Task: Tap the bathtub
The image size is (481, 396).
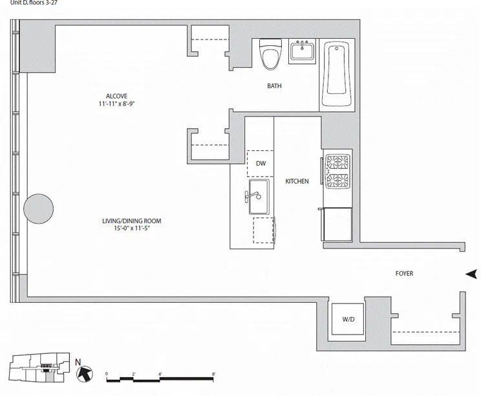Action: pyautogui.click(x=337, y=76)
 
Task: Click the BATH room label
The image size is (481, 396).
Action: pyautogui.click(x=274, y=86)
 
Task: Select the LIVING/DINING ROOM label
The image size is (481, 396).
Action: pyautogui.click(x=131, y=221)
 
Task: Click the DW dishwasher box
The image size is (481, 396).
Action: pyautogui.click(x=261, y=164)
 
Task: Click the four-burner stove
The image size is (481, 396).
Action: pyautogui.click(x=337, y=171)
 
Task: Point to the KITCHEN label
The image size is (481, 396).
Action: pyautogui.click(x=297, y=182)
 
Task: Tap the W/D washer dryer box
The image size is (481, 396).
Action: pyautogui.click(x=348, y=318)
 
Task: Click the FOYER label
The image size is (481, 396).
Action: pyautogui.click(x=404, y=274)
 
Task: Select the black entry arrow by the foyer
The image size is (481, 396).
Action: pyautogui.click(x=471, y=274)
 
